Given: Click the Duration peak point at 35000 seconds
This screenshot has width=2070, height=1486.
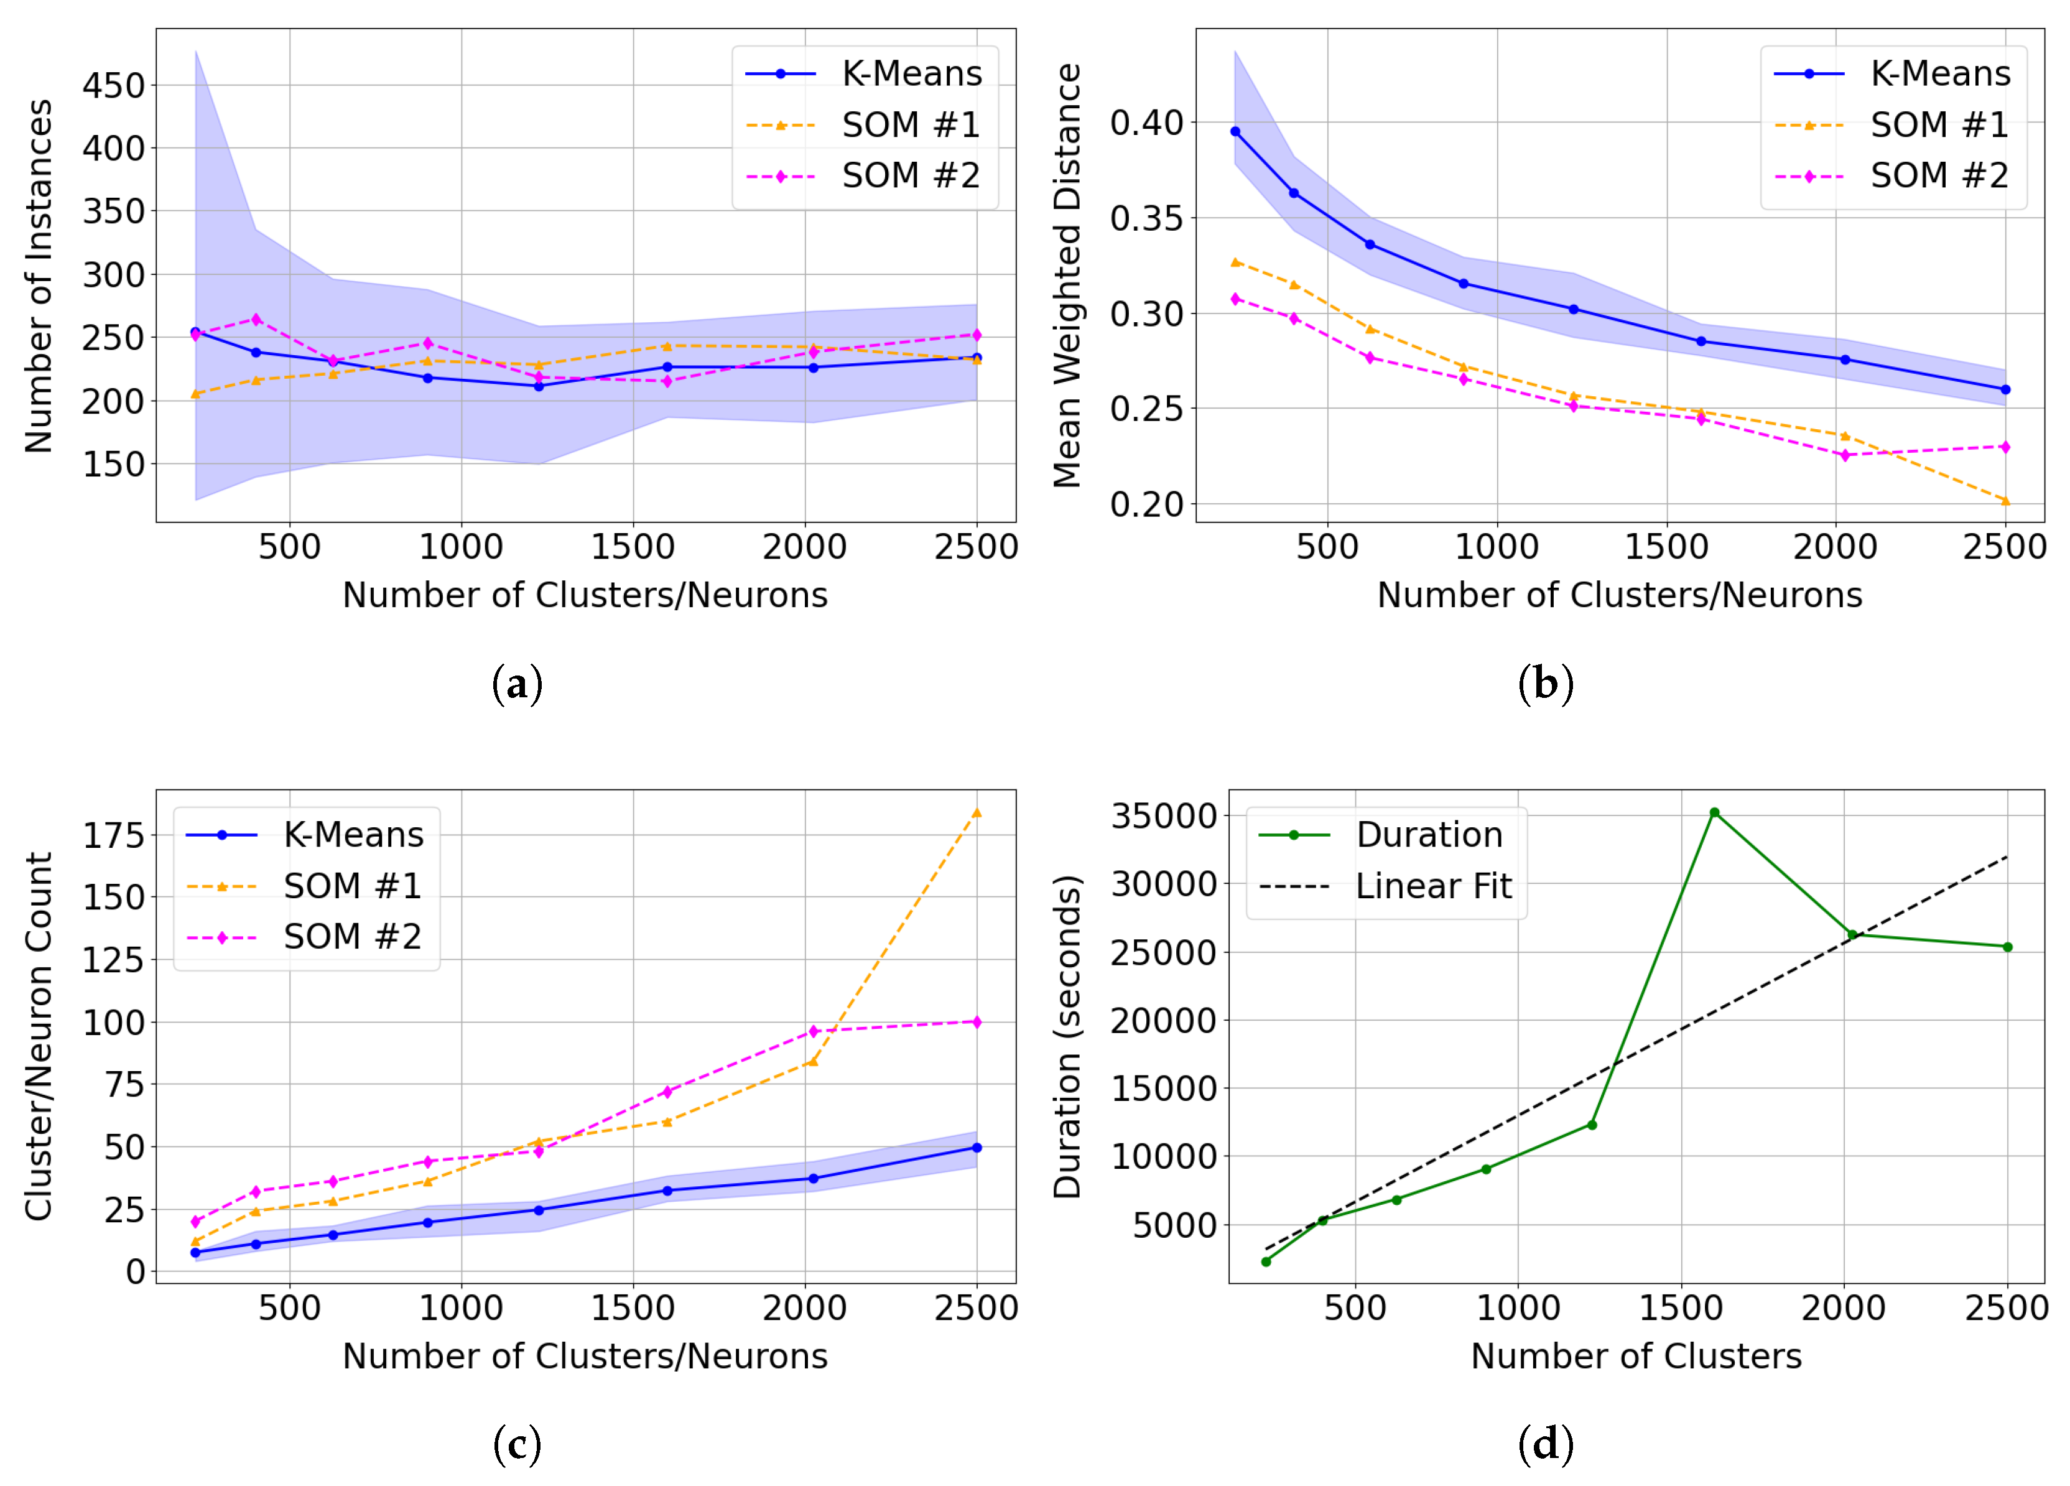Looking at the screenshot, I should pos(1714,812).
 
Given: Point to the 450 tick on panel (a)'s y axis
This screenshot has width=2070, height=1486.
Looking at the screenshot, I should pos(113,86).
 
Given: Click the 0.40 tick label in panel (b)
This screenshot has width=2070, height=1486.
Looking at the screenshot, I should pos(1146,123).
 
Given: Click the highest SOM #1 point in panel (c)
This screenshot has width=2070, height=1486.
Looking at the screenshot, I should pos(977,812).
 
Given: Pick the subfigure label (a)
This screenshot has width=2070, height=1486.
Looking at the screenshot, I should pos(517,684).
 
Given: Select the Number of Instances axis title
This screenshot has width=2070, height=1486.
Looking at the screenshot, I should pos(39,276).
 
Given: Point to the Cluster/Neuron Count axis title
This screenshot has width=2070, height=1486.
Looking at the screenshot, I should pos(39,1036).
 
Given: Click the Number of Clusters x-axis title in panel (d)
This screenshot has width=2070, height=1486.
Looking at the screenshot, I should pos(1636,1357).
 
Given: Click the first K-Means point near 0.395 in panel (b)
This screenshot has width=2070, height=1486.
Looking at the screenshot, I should pos(1236,131).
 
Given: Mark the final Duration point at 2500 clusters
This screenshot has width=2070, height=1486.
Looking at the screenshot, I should pos(2007,947).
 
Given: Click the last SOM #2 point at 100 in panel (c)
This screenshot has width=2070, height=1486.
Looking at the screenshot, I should pos(977,1023).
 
